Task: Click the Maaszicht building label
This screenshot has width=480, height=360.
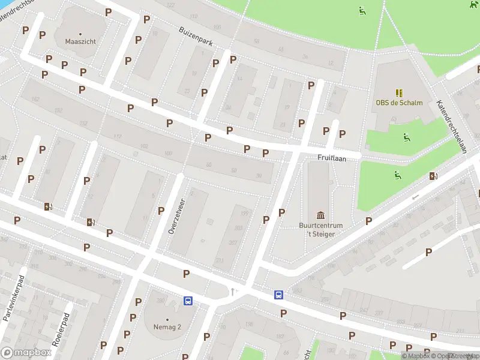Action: point(80,41)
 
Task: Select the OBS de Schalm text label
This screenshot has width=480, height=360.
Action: point(399,103)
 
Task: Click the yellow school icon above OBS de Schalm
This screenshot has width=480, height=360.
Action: point(399,92)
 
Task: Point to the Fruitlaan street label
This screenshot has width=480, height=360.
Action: point(330,158)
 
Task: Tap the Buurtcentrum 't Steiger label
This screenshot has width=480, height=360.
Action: point(320,229)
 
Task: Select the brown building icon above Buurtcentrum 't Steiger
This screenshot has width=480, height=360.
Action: point(320,215)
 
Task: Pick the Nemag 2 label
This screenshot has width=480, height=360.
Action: point(167,328)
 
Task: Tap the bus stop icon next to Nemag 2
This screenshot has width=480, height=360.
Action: point(188,301)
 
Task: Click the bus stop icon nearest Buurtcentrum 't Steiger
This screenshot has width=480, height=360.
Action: point(278,295)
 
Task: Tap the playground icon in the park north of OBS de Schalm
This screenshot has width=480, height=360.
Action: point(362,10)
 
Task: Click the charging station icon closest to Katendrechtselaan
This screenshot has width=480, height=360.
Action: point(433,176)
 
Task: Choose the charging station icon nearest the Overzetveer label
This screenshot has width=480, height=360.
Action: point(91,222)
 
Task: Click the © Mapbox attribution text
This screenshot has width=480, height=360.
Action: point(416,356)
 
